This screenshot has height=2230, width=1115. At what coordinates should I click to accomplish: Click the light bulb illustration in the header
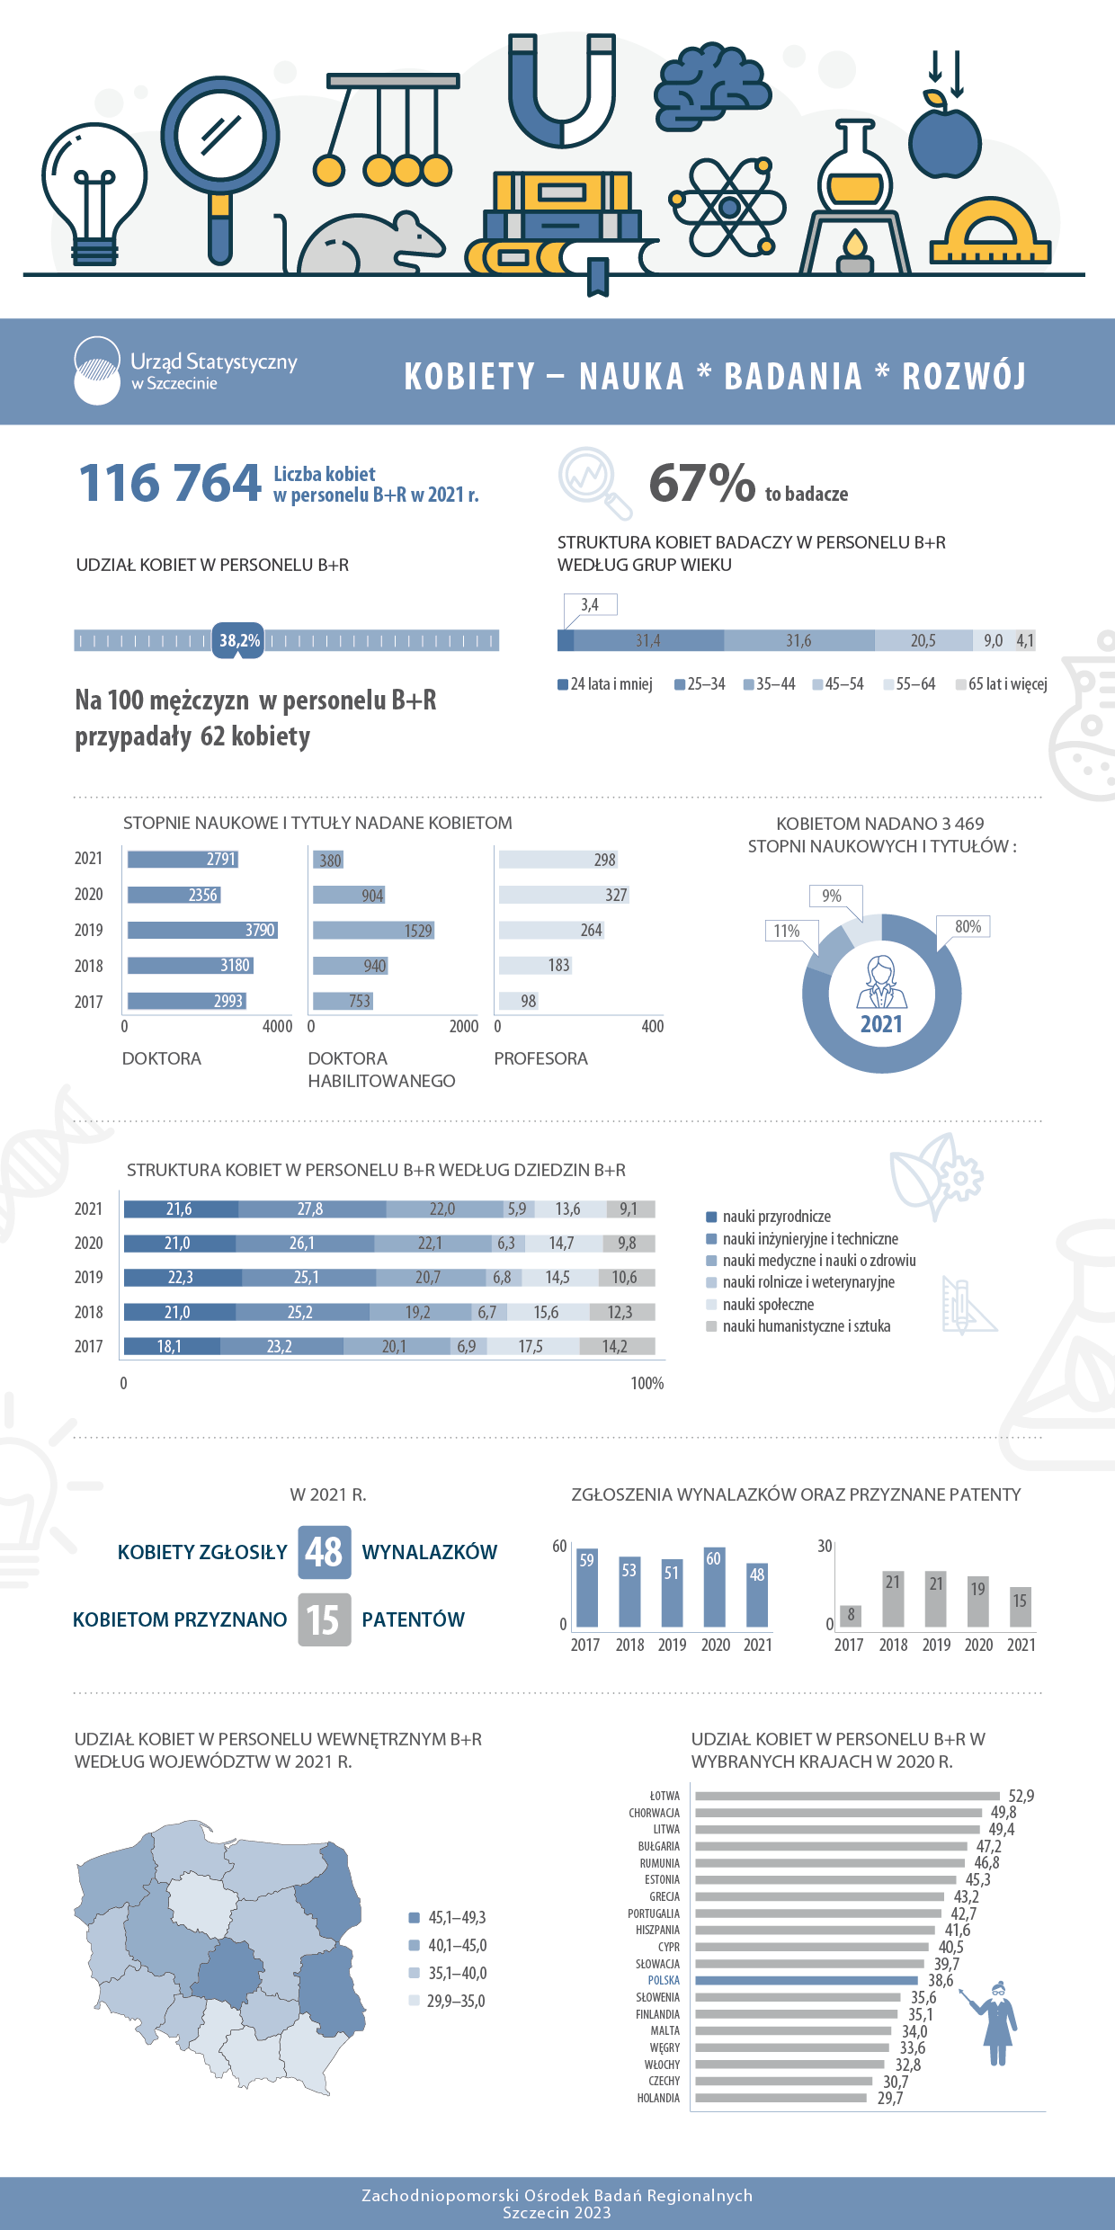click(94, 194)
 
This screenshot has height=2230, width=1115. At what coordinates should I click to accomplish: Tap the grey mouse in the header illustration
click(364, 243)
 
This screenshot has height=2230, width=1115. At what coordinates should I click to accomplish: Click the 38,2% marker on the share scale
click(238, 640)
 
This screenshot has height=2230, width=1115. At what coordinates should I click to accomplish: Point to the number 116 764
click(170, 483)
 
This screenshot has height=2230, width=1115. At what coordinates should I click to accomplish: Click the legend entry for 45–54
click(838, 684)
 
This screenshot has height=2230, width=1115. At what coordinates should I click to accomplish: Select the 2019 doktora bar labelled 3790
click(202, 930)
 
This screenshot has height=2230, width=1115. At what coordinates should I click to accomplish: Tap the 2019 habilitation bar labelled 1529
click(374, 931)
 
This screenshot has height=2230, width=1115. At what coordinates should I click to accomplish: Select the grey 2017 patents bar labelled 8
click(851, 1616)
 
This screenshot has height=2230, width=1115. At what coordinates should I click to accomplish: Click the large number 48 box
click(325, 1552)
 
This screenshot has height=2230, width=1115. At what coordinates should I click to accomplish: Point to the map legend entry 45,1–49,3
click(448, 1918)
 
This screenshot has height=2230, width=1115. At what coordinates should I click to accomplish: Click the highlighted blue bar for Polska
click(807, 1980)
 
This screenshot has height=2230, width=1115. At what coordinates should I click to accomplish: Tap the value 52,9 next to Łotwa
click(1021, 1796)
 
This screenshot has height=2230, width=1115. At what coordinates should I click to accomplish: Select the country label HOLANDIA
click(658, 2098)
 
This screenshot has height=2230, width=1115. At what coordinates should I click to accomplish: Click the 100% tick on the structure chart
click(647, 1383)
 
